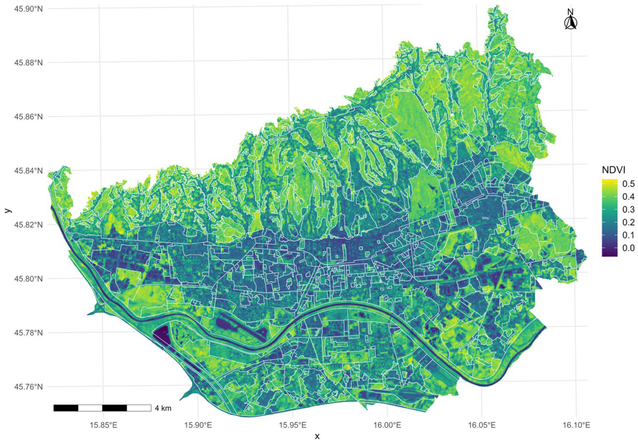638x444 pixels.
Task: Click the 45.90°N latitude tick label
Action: click(x=29, y=9)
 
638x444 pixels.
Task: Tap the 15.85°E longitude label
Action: click(x=103, y=425)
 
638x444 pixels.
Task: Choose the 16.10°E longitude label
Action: click(x=576, y=425)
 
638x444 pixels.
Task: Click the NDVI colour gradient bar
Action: click(x=610, y=218)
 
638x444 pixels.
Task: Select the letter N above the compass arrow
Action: click(x=571, y=12)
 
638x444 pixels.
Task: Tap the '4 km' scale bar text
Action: click(x=163, y=408)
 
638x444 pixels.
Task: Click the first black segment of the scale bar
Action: click(x=66, y=408)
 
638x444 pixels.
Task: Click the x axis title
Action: click(x=317, y=437)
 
